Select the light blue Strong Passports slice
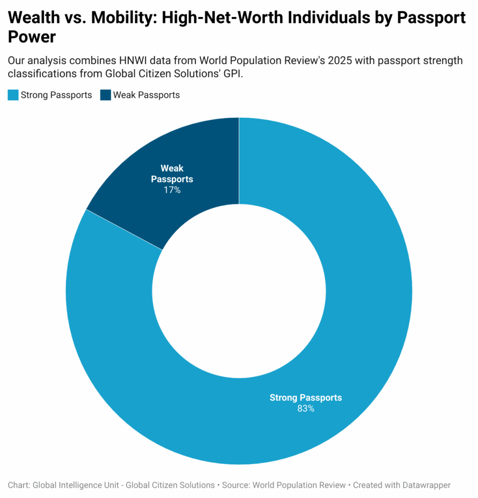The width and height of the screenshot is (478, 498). (x=340, y=243)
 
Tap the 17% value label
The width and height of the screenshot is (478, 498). (x=172, y=190)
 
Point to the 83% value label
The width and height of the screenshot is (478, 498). (x=306, y=409)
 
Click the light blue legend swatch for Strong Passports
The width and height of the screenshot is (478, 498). (x=13, y=95)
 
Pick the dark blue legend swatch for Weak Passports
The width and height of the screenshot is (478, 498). (x=105, y=95)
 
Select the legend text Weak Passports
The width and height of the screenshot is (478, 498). (x=146, y=95)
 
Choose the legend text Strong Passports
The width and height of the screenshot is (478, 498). (x=56, y=95)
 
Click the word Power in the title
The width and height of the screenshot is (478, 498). (x=32, y=37)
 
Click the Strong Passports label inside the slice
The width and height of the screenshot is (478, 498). (x=306, y=398)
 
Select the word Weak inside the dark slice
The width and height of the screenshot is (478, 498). (x=172, y=169)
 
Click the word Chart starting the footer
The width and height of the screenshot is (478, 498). (x=18, y=485)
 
